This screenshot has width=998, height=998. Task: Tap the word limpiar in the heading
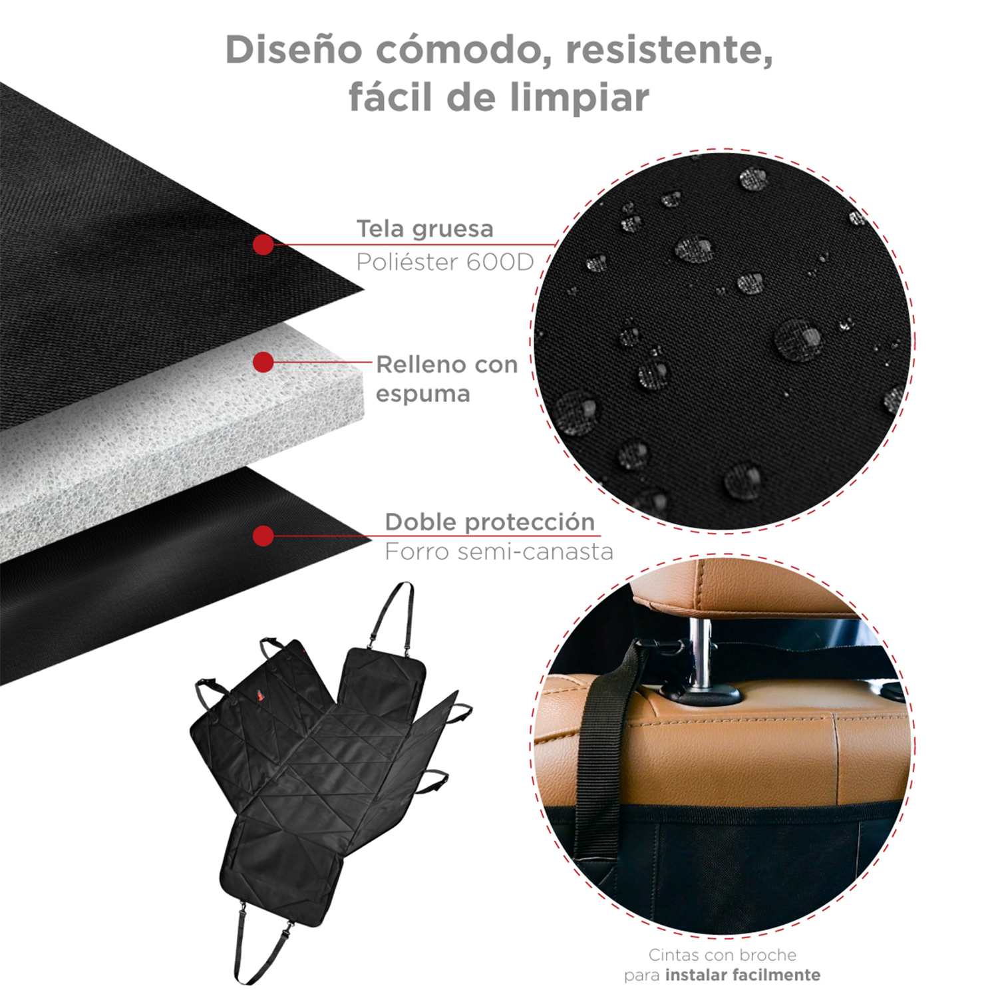click(x=580, y=98)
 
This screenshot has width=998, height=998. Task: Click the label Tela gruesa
click(x=424, y=229)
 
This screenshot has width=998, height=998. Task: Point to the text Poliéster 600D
click(x=444, y=262)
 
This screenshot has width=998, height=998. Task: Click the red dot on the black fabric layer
click(x=263, y=244)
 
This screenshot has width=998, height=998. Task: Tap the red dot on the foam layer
click(x=263, y=362)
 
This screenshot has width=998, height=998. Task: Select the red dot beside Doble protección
click(x=263, y=536)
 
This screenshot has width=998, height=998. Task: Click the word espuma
click(x=422, y=394)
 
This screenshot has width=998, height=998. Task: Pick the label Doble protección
click(x=489, y=522)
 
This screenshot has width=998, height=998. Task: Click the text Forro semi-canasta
click(x=498, y=552)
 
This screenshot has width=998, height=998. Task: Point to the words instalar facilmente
click(x=743, y=975)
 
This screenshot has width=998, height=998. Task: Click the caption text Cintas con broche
click(x=722, y=955)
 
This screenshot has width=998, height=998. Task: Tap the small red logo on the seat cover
click(x=258, y=696)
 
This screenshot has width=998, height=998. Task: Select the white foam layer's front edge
click(x=180, y=466)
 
